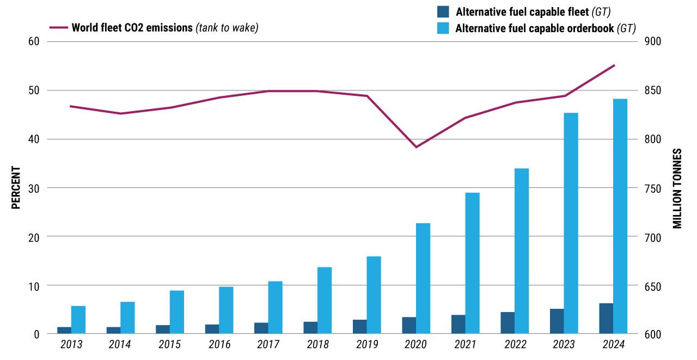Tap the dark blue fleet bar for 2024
tap(606, 319)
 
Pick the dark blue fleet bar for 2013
tap(64, 330)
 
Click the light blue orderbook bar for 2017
tap(276, 307)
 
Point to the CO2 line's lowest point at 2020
tap(416, 147)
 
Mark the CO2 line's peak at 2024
tap(614, 65)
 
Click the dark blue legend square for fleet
tap(443, 12)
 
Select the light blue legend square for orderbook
tap(443, 28)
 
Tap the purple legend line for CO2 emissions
tap(58, 28)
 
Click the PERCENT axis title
tap(16, 188)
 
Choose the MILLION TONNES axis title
tap(677, 188)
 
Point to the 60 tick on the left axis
tap(35, 41)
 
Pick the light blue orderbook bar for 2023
tap(571, 223)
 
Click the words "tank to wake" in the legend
tap(227, 28)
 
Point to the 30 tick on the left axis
tap(35, 188)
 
